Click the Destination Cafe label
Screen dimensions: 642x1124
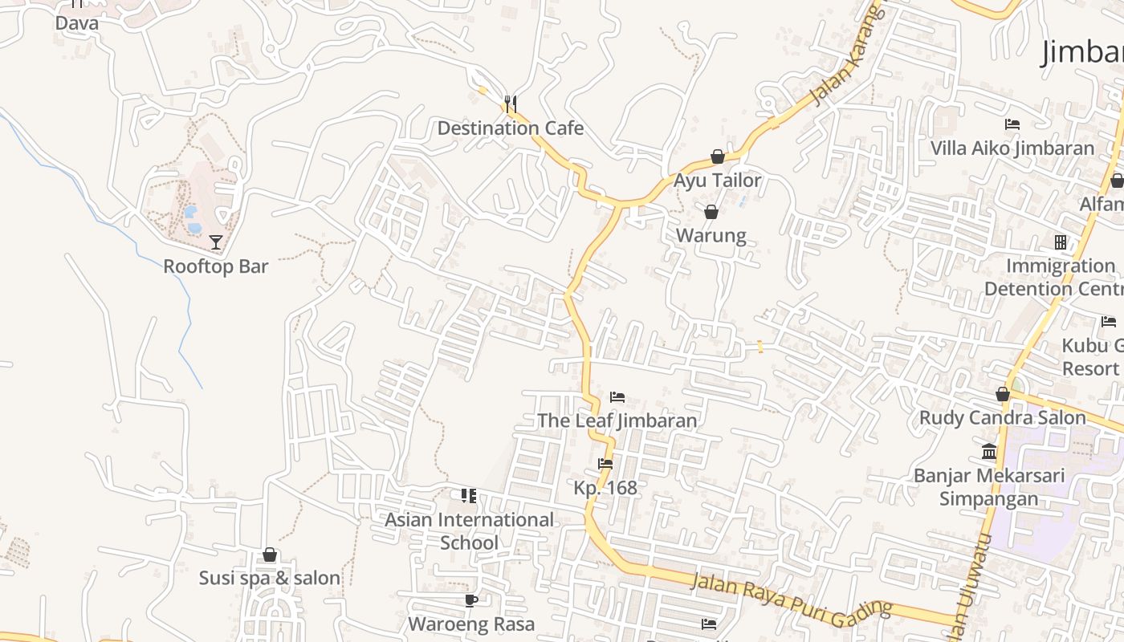point(510,128)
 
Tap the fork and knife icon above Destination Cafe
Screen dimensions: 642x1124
point(510,103)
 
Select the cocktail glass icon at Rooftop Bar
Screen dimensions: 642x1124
point(215,242)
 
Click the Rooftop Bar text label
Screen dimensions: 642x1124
point(215,266)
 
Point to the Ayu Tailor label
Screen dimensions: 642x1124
point(717,181)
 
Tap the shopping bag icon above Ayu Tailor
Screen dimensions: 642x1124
point(717,156)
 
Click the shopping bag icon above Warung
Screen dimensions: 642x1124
point(711,212)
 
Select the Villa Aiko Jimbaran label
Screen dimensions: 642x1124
point(1012,148)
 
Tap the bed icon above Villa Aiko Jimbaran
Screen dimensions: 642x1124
point(1012,124)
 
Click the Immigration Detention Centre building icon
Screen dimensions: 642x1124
point(1060,242)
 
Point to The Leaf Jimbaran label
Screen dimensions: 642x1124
point(617,421)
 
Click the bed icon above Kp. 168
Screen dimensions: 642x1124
point(605,464)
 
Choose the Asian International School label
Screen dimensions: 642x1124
point(469,531)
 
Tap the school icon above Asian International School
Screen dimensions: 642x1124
point(469,496)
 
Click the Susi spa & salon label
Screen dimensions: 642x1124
point(270,579)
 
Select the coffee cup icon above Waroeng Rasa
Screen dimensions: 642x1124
point(471,600)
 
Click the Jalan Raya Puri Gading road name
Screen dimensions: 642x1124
point(791,596)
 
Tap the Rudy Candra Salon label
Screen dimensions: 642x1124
point(1002,418)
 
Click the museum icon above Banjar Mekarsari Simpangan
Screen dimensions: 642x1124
point(989,451)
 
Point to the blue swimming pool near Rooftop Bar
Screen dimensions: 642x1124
point(192,218)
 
